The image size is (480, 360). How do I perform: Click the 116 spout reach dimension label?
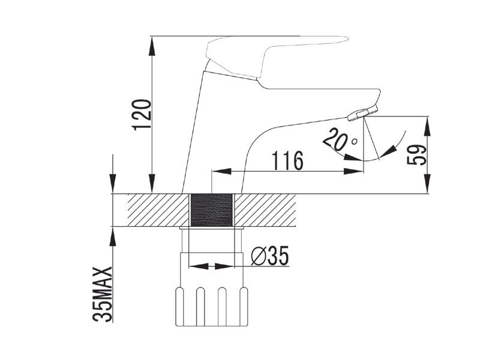287,161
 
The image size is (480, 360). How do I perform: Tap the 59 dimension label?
416,155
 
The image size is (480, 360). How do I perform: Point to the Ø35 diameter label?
269,256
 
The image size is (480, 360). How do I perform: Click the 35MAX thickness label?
103,294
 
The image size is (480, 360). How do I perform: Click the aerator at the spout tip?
363,113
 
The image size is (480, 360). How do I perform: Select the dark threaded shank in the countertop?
212,211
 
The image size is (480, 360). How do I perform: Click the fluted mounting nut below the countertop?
211,307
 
